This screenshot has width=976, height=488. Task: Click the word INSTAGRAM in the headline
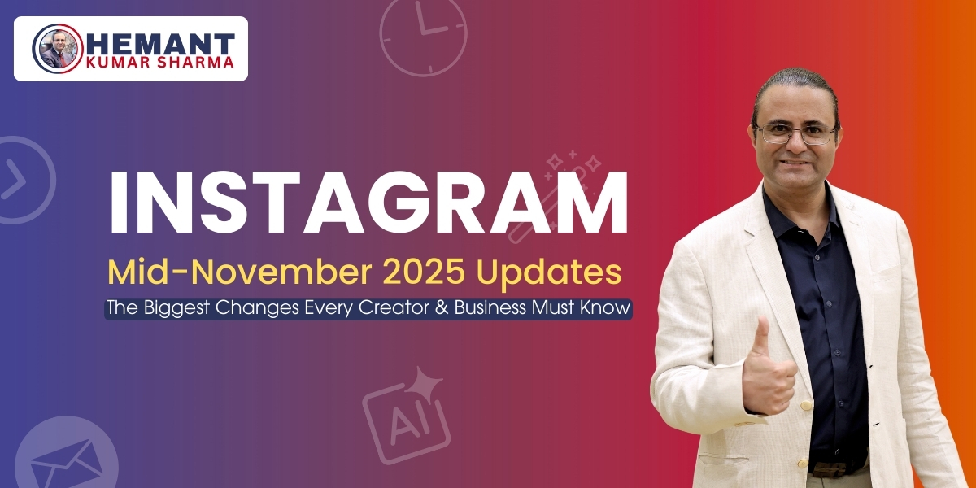pos(368,204)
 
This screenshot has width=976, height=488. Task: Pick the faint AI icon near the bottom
pos(405,415)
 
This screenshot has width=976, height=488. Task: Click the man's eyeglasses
pos(795,133)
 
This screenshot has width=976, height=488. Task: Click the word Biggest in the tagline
pos(175,309)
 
